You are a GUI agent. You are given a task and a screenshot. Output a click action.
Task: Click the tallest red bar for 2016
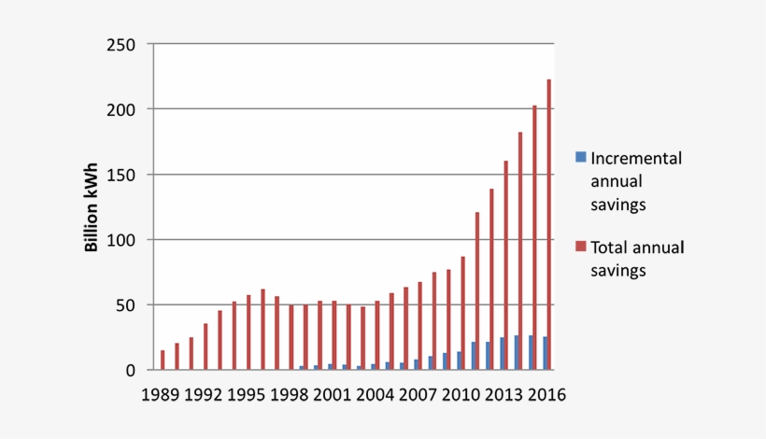pos(548,224)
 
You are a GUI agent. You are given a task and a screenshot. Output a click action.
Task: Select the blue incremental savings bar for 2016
pos(545,354)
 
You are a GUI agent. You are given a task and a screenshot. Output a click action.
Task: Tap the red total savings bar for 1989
pos(163,360)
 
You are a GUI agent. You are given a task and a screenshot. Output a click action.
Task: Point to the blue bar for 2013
pos(502,353)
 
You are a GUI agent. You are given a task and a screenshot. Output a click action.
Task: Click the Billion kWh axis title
pos(92,207)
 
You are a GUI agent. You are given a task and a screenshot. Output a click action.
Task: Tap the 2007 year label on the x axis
pos(419,393)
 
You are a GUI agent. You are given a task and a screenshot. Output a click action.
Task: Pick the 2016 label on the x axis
pos(546,393)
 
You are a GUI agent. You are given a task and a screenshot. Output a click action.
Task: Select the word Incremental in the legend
pos(636,159)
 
